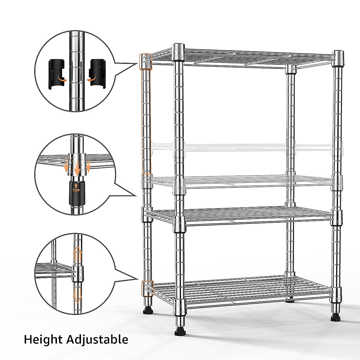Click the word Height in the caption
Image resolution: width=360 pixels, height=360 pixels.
[x=41, y=340]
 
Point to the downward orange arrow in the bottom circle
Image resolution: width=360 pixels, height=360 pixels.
[x=77, y=295]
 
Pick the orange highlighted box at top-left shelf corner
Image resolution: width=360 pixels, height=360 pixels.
[x=145, y=61]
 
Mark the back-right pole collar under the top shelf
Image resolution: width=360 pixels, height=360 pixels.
[x=290, y=70]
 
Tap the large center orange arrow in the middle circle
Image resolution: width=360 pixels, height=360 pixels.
[x=77, y=168]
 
